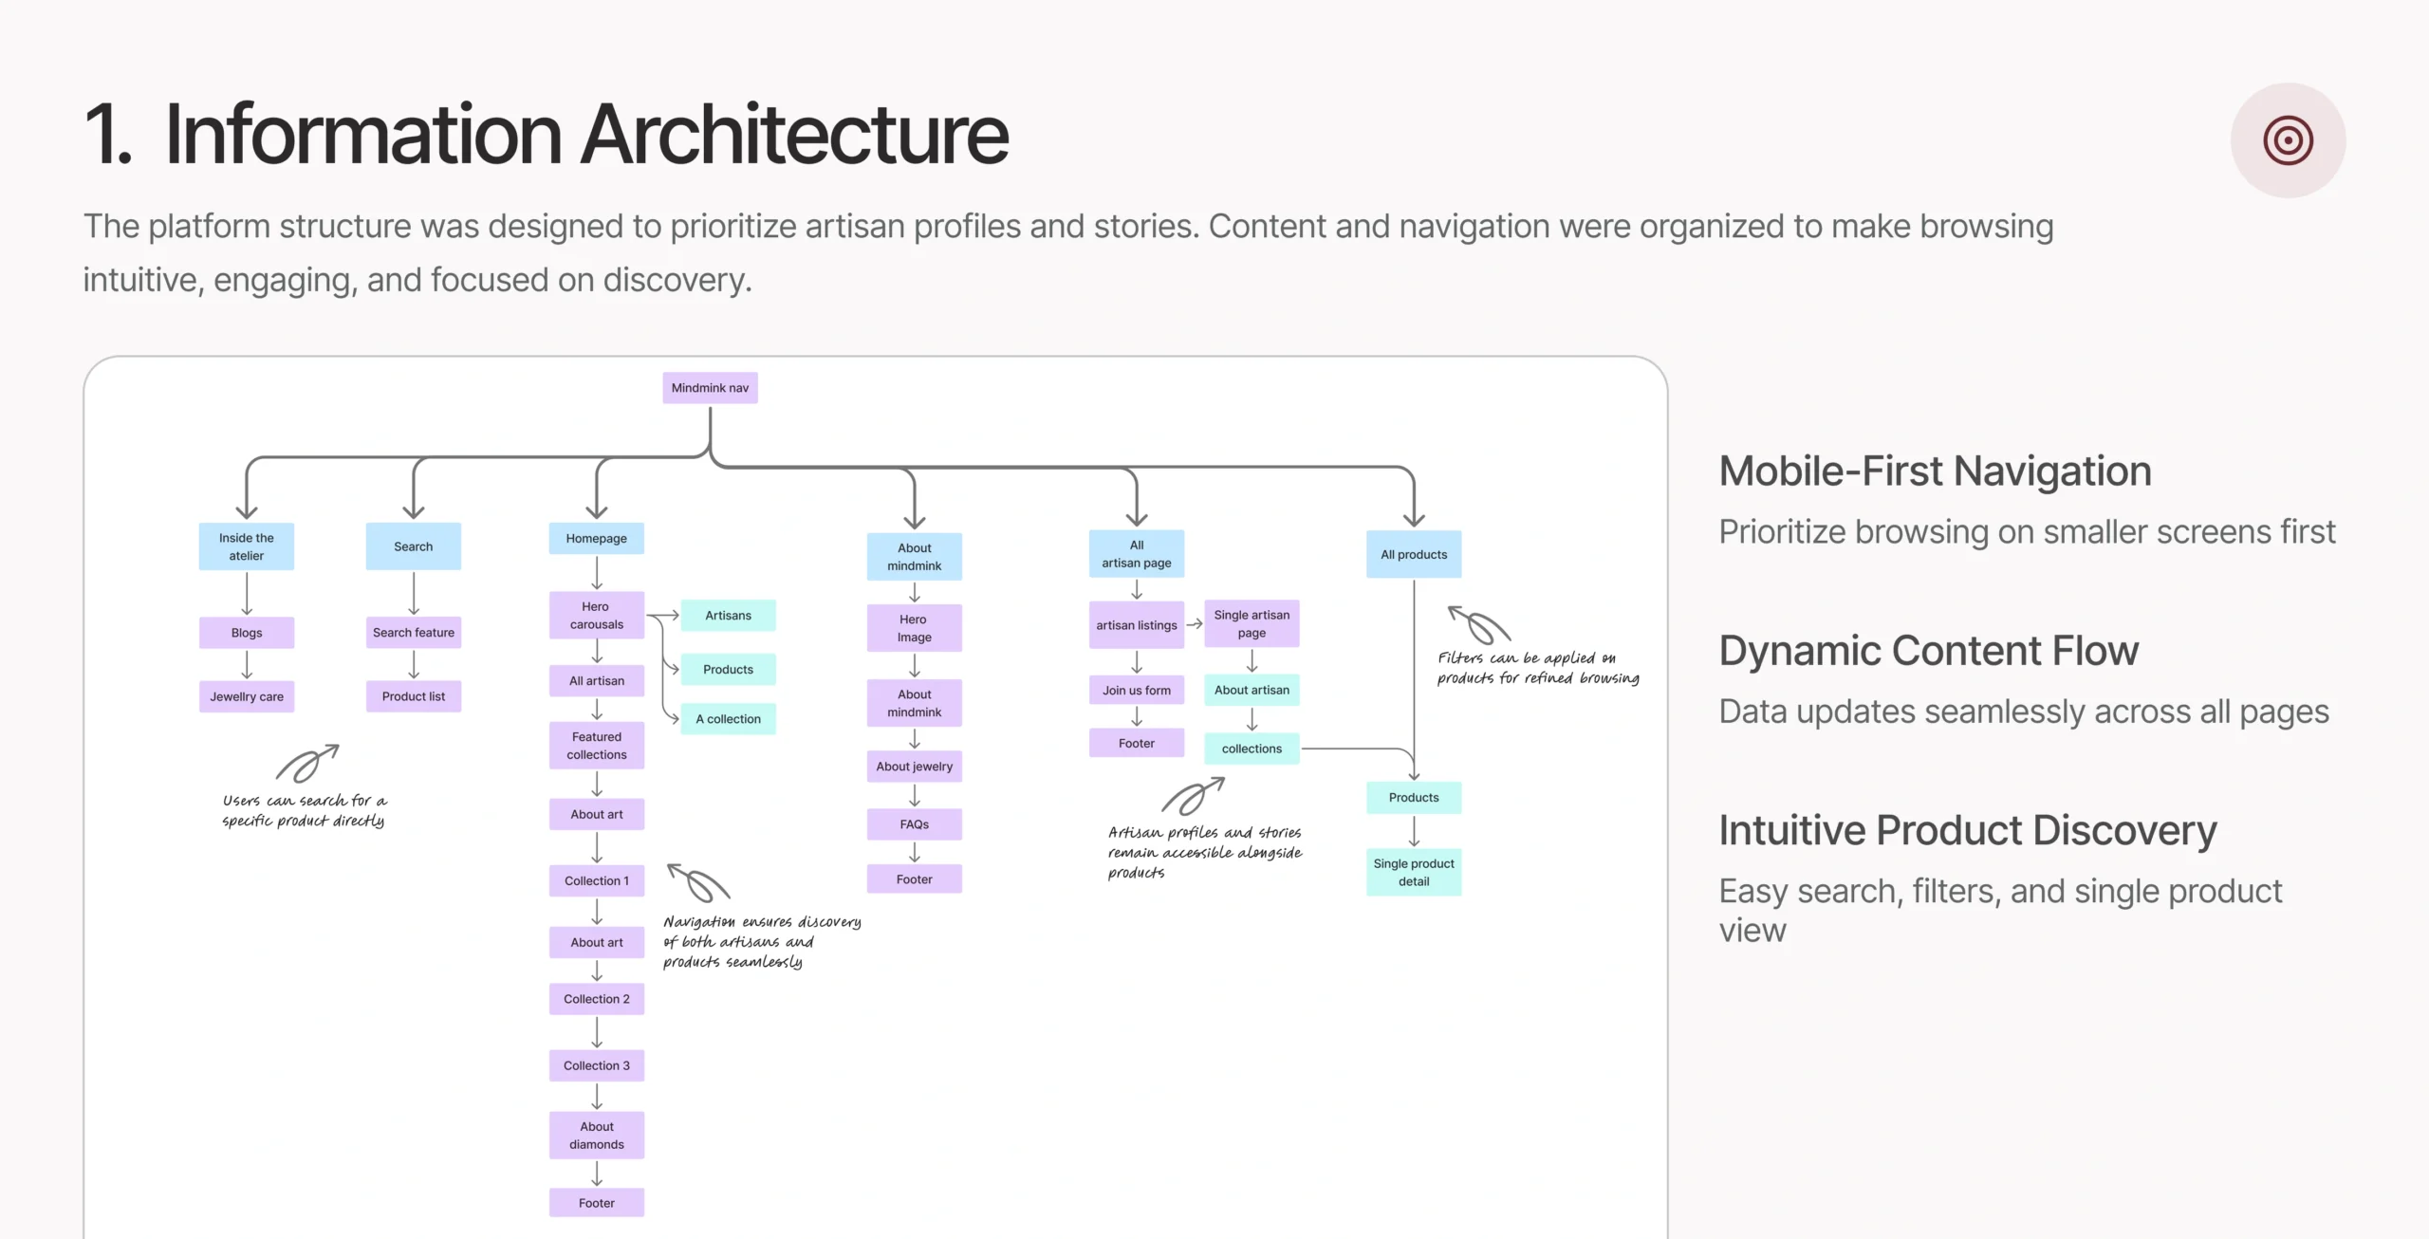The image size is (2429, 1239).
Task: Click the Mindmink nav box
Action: tap(710, 388)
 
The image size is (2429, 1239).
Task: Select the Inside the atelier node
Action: tap(247, 546)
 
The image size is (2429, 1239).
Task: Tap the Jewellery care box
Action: tap(247, 696)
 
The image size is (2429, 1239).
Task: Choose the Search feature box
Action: tap(414, 633)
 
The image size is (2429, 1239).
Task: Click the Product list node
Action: tap(414, 696)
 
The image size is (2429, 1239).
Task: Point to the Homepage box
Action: tap(596, 539)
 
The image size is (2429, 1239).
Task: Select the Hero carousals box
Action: tap(596, 616)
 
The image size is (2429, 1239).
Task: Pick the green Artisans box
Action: tap(728, 616)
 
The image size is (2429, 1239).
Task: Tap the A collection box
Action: tap(728, 719)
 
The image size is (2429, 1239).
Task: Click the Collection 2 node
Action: tap(596, 999)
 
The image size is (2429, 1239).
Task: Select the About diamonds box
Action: tap(596, 1136)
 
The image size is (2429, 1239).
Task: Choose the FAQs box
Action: tap(914, 824)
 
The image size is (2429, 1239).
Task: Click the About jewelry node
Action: tap(914, 767)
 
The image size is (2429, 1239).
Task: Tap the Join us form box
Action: tap(1137, 691)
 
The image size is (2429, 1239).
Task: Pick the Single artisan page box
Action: tap(1252, 624)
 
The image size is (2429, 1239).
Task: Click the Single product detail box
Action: tap(1414, 873)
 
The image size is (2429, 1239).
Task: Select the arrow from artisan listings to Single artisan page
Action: tap(1195, 624)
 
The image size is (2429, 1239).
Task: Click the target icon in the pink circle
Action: tap(2288, 140)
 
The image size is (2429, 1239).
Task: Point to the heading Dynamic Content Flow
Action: tap(1929, 651)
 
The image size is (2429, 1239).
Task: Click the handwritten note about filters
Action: tap(1537, 668)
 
